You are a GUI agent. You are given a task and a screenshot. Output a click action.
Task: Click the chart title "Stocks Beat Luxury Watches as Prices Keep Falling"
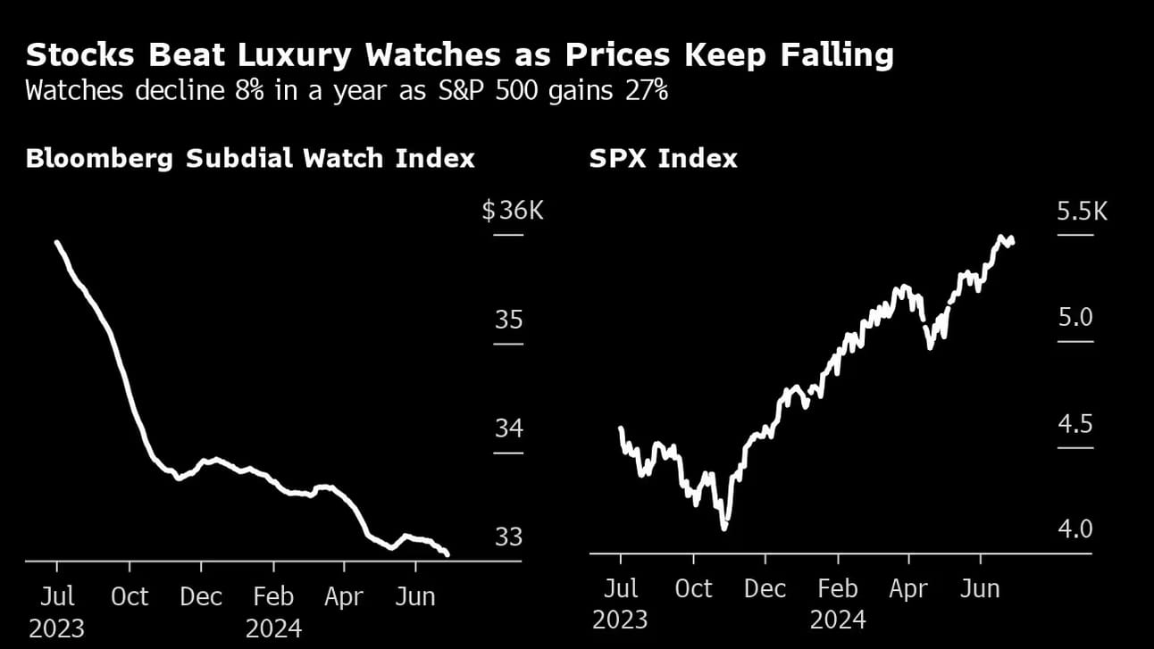click(x=459, y=55)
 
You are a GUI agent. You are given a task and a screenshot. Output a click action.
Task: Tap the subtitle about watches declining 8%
click(x=347, y=91)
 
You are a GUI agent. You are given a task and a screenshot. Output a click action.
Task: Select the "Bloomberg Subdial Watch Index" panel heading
click(x=250, y=159)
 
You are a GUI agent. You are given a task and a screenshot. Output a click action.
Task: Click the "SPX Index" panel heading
click(x=663, y=159)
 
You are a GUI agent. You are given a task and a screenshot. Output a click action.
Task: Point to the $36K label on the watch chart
click(x=513, y=212)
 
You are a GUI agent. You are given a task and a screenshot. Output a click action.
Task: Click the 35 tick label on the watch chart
click(x=508, y=320)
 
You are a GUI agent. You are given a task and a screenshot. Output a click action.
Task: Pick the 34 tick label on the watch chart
click(x=508, y=429)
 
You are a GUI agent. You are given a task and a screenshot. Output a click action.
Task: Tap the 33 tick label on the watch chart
click(x=508, y=537)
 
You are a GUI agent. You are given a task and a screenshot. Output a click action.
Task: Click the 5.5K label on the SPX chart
click(x=1082, y=212)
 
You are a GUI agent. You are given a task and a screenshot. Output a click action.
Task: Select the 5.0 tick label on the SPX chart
click(x=1075, y=317)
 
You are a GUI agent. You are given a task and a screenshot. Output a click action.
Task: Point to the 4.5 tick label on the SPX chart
click(x=1075, y=423)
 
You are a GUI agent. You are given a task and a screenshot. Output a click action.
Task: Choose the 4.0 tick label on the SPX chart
click(x=1075, y=529)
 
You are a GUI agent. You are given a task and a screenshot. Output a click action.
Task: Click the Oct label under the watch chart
click(x=130, y=596)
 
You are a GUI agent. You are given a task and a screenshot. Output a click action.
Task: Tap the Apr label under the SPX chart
click(x=908, y=589)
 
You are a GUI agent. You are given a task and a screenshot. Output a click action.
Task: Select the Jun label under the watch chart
click(x=414, y=596)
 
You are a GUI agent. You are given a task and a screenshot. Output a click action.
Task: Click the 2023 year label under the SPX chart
click(x=621, y=619)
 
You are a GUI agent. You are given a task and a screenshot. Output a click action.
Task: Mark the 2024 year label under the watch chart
click(x=274, y=628)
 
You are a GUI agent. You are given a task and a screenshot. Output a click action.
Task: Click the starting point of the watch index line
click(x=56, y=242)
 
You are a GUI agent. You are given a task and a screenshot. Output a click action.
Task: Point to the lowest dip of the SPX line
click(x=724, y=528)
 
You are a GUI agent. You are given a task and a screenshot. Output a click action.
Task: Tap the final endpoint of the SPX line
click(x=1012, y=241)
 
